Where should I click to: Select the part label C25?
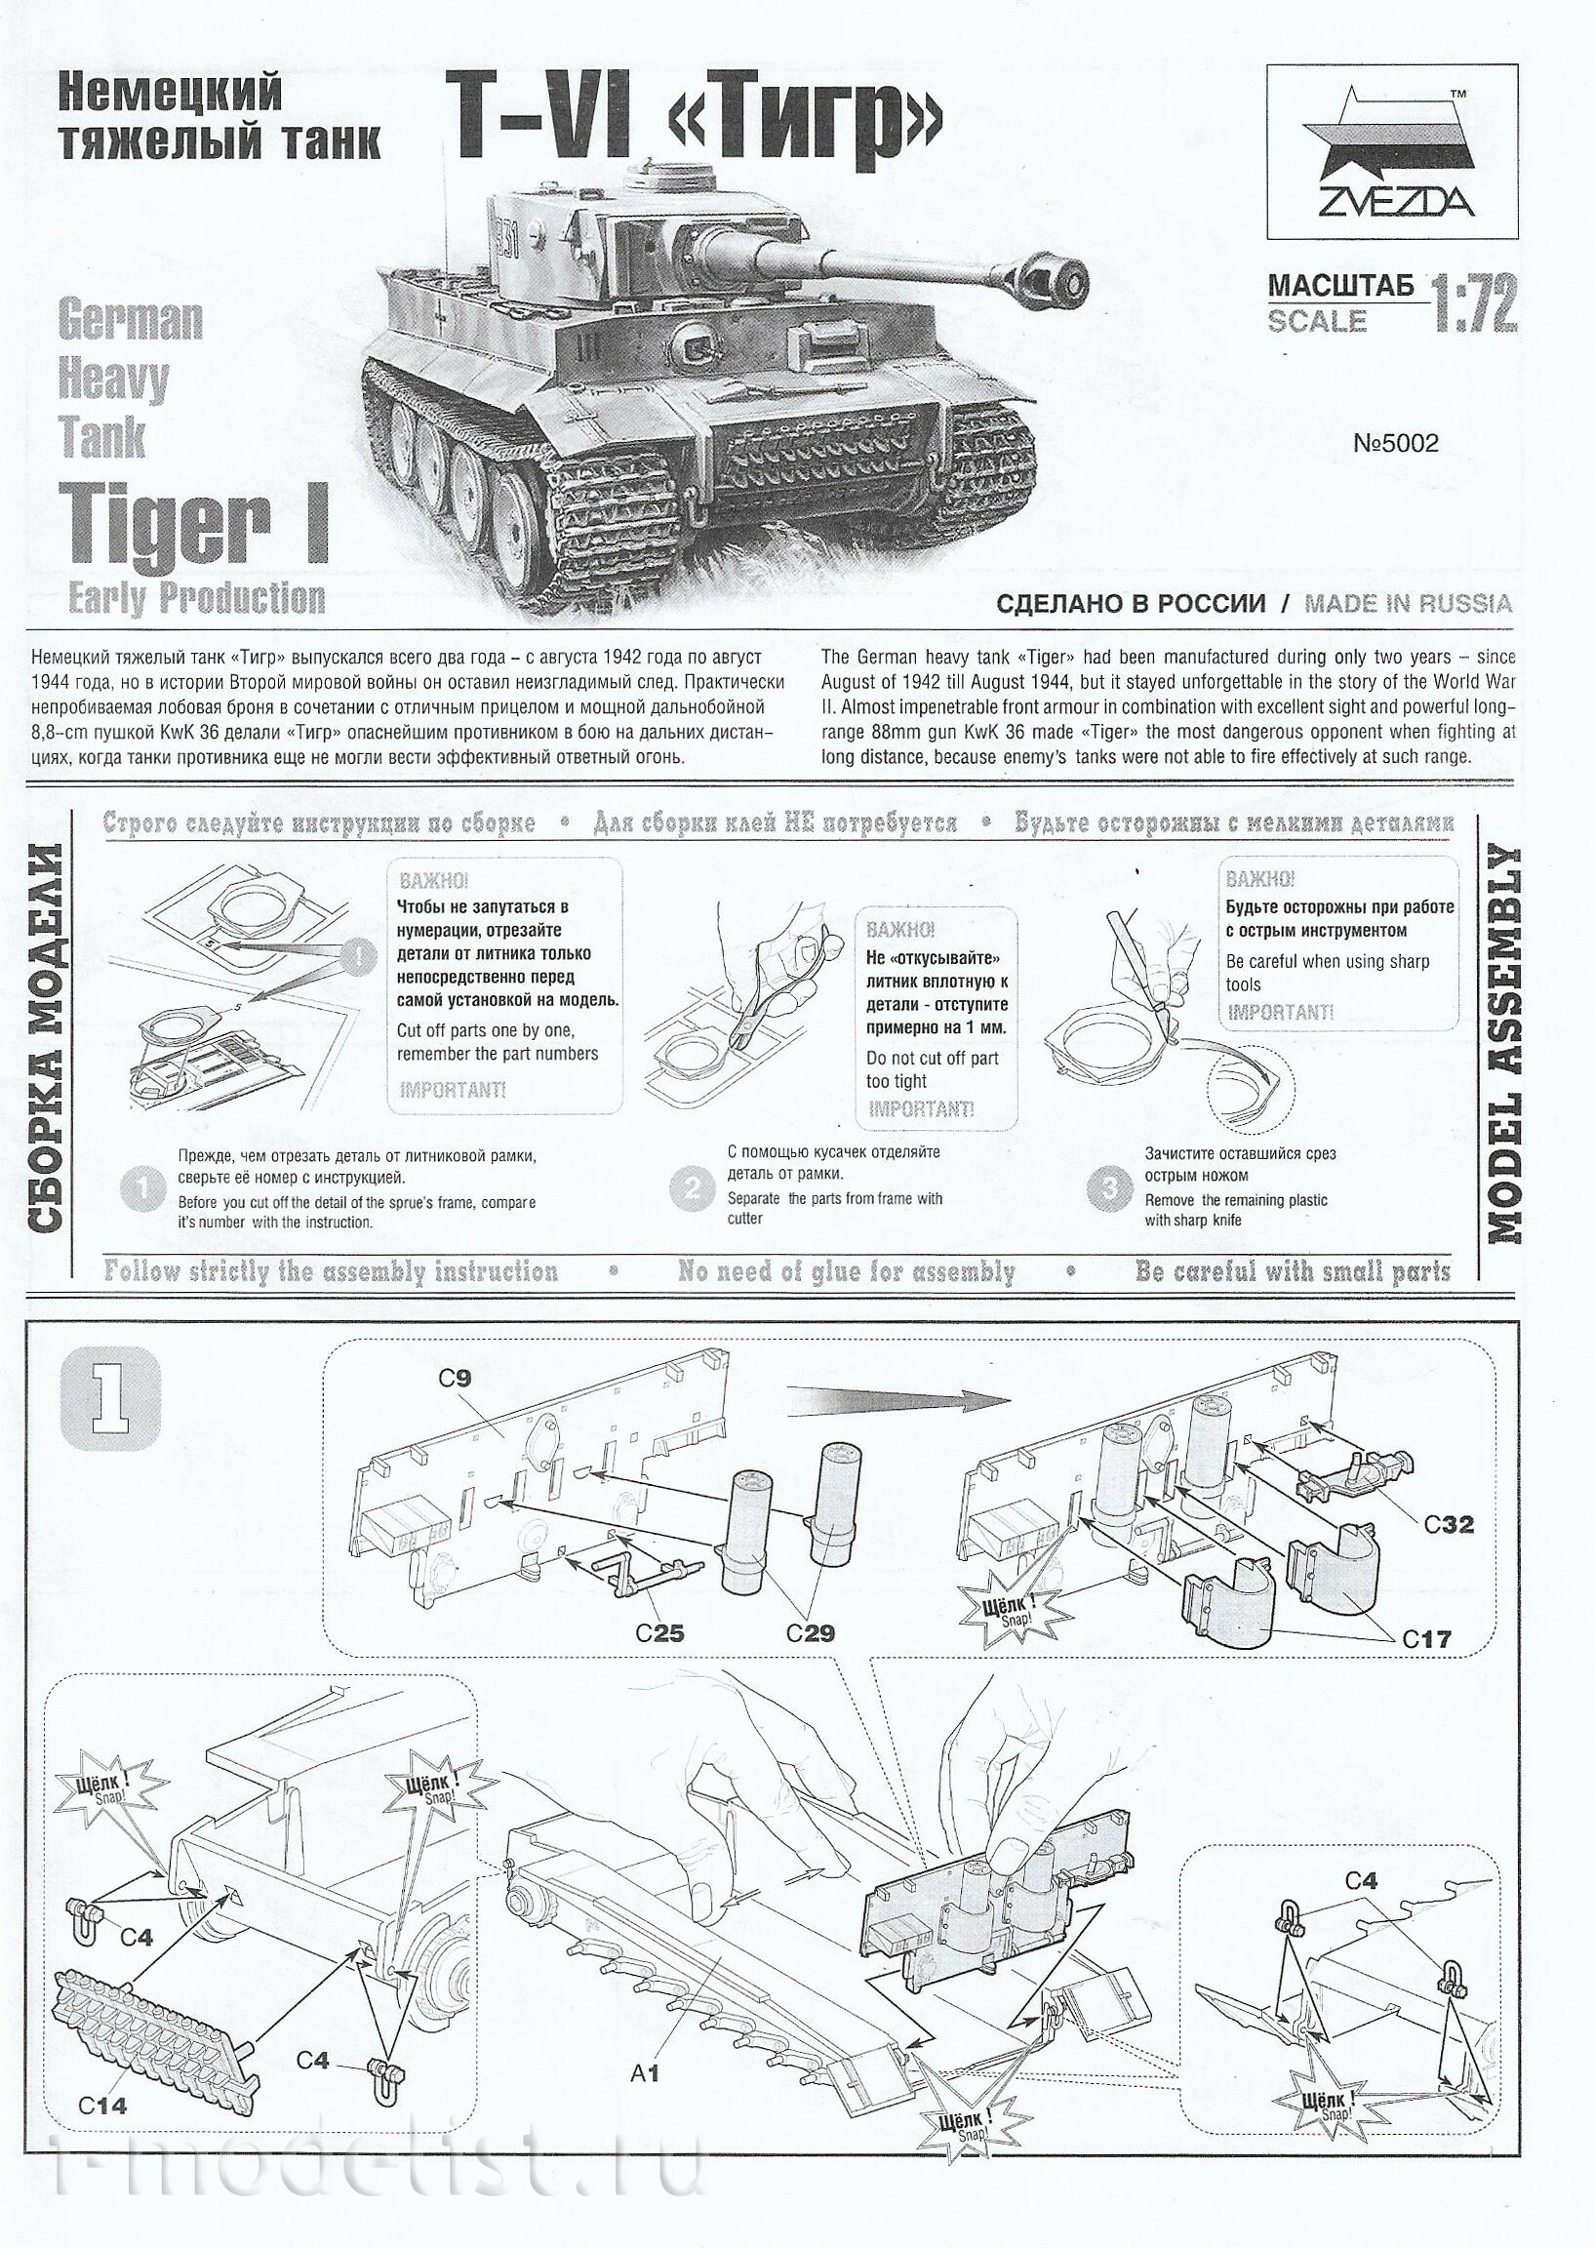[659, 1633]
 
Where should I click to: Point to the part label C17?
[1425, 1638]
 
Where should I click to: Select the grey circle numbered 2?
[692, 1189]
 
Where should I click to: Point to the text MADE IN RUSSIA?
[1408, 603]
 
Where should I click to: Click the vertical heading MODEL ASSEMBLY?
[1505, 1045]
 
